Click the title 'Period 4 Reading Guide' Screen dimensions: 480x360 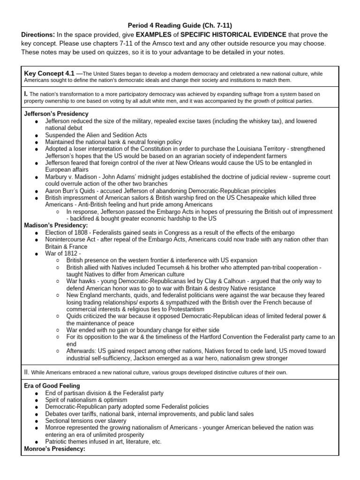(159, 25)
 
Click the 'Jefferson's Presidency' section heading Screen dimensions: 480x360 (56, 114)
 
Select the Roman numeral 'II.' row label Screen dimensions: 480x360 (27, 372)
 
